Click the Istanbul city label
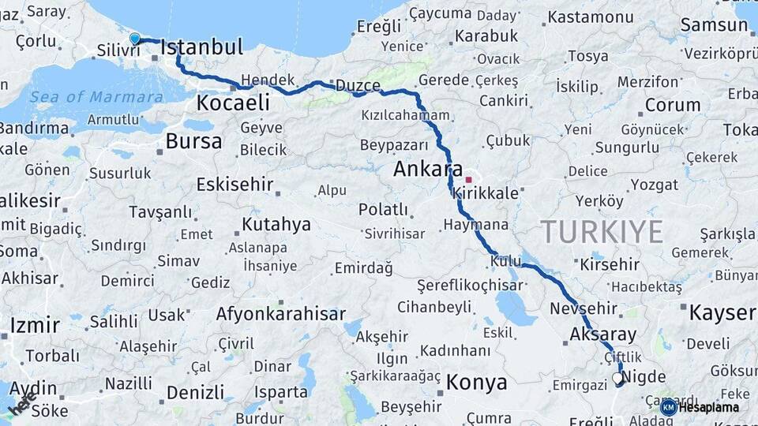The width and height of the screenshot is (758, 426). tap(201, 47)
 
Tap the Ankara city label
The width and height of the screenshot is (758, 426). tap(428, 169)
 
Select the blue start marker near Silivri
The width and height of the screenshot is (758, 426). tap(134, 39)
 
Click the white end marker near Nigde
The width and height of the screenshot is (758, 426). tap(617, 379)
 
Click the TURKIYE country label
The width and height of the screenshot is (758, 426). tap(602, 231)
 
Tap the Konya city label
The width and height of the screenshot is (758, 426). tap(476, 383)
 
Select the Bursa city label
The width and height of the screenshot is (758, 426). tap(193, 142)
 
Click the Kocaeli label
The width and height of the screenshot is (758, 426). tap(233, 103)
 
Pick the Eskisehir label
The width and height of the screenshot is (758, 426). tap(235, 185)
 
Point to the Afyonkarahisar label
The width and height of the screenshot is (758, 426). tap(280, 314)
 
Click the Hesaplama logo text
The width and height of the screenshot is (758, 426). tap(709, 407)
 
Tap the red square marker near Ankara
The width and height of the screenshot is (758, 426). tap(468, 180)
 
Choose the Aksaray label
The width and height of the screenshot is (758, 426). tap(602, 334)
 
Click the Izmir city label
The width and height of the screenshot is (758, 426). tap(35, 325)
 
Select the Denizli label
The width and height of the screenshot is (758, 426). tap(195, 392)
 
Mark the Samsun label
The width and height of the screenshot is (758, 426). tap(714, 24)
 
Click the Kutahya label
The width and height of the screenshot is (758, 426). tap(276, 225)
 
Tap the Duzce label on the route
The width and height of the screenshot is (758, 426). tap(358, 85)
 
